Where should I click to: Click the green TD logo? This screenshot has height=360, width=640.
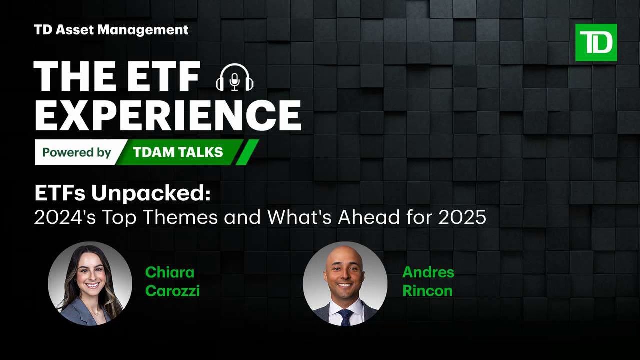click(x=596, y=42)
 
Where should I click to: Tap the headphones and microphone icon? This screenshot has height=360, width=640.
click(x=234, y=77)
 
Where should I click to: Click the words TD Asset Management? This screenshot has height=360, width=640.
click(x=111, y=30)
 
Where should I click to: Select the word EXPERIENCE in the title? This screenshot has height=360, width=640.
click(x=167, y=115)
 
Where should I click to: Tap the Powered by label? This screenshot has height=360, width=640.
click(x=76, y=152)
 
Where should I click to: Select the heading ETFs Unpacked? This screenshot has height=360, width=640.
click(x=122, y=194)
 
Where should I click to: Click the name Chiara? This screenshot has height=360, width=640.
click(x=169, y=272)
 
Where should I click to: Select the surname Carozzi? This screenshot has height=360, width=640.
click(x=172, y=291)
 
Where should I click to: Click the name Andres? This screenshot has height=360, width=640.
click(x=428, y=272)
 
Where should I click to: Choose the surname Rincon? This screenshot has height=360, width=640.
click(x=427, y=291)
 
